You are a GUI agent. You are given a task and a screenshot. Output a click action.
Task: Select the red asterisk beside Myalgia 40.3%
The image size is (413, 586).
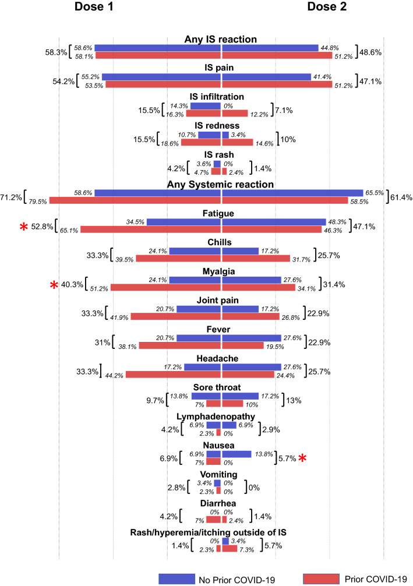click(54, 285)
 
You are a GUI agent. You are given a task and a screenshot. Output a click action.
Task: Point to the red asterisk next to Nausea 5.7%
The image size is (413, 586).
click(302, 458)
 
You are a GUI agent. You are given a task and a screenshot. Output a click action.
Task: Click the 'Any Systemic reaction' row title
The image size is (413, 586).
click(221, 185)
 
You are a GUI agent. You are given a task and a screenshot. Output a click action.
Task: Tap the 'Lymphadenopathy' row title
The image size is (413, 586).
click(221, 415)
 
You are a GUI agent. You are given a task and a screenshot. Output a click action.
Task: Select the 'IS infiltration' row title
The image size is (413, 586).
click(221, 96)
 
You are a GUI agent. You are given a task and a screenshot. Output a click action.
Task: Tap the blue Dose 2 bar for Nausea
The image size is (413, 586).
click(236, 453)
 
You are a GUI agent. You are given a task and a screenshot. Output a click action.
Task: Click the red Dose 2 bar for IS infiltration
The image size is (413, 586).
click(235, 113)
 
